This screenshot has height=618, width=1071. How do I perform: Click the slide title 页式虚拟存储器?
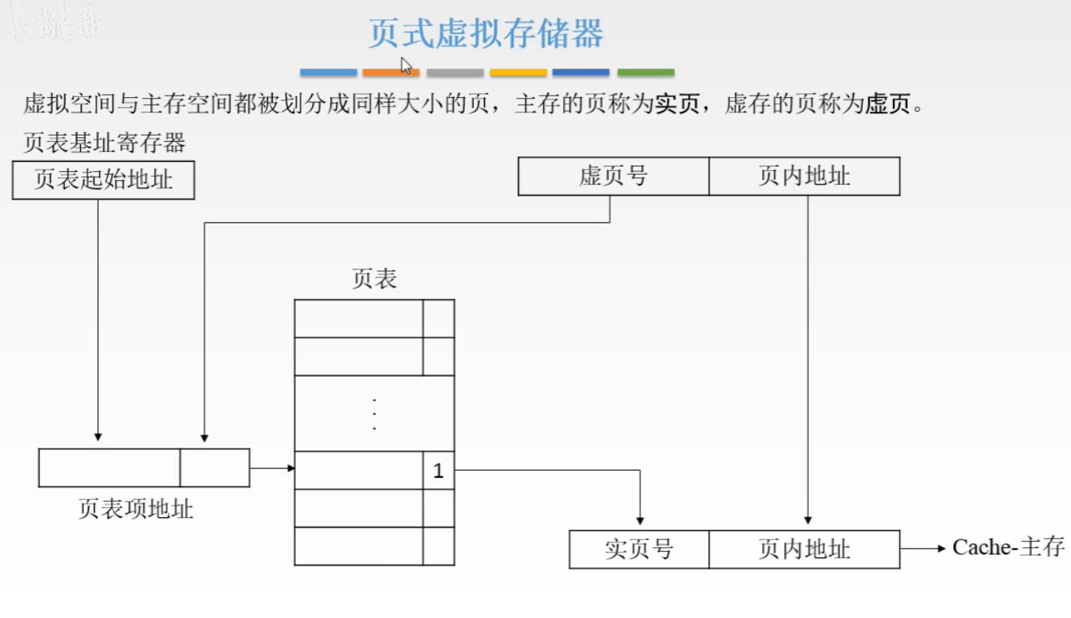tap(485, 34)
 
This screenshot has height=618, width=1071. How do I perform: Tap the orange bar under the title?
tap(391, 72)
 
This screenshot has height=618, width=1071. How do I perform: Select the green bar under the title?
tap(646, 72)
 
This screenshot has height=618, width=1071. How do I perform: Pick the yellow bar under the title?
tap(518, 72)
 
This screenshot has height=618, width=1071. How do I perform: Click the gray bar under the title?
tap(455, 72)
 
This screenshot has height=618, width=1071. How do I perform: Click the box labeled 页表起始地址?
tap(103, 180)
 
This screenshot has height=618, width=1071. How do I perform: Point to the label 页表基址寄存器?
tap(105, 143)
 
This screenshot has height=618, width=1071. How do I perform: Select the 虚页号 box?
tap(613, 176)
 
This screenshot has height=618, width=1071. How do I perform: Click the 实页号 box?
tap(639, 549)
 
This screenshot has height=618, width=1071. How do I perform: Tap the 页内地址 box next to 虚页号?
tap(804, 176)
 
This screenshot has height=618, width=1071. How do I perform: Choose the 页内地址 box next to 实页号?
tap(804, 549)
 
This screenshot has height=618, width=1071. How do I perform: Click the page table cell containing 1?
tap(438, 471)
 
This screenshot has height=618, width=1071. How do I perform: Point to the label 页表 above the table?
tap(374, 279)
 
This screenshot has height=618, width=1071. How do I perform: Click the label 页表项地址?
tap(136, 509)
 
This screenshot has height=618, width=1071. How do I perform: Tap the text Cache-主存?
tap(1008, 547)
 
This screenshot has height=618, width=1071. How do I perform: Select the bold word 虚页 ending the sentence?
tap(888, 104)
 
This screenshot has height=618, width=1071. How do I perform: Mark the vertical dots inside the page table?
tap(374, 414)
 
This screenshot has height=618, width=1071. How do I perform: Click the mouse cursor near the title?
tap(406, 65)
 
